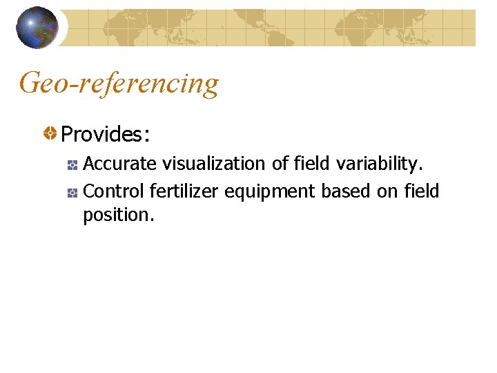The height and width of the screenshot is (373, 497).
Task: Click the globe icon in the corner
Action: (x=37, y=28)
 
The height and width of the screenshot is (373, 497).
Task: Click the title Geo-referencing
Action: (x=119, y=84)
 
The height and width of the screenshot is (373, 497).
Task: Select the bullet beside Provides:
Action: (x=50, y=133)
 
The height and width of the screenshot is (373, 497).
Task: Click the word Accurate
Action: (x=119, y=164)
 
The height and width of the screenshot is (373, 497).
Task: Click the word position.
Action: (x=118, y=215)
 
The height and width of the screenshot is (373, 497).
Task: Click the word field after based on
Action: (x=420, y=191)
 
